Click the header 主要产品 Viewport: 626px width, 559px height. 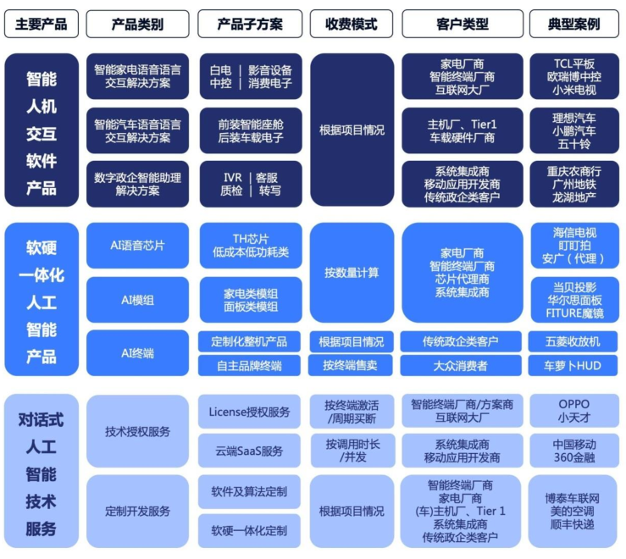[41, 24]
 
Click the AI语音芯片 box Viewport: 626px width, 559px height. [137, 246]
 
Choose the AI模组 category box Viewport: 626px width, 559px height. [137, 299]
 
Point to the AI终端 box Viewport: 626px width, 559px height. [137, 353]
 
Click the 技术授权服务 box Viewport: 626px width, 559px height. [137, 431]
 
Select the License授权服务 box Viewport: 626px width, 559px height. [249, 412]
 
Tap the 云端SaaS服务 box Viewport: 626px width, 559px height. [249, 451]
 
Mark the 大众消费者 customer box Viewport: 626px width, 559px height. [462, 366]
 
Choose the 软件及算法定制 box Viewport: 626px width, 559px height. [249, 491]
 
